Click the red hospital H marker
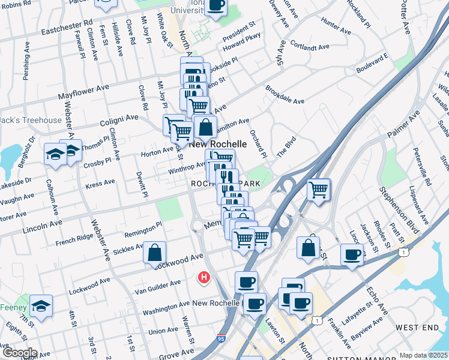point(204,278)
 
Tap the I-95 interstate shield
point(221,340)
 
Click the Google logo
point(19,353)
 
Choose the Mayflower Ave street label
point(83,91)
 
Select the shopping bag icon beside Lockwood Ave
point(155,253)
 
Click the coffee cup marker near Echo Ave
point(352,254)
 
